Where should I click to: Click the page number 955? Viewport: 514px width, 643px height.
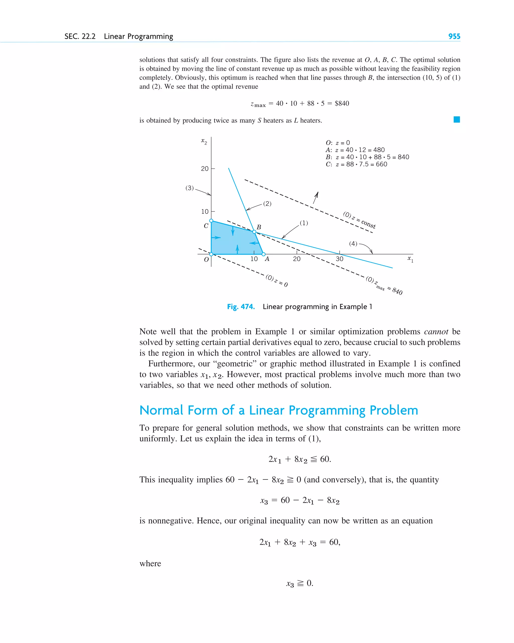pyautogui.click(x=454, y=36)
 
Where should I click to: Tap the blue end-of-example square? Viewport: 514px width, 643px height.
pyautogui.click(x=457, y=120)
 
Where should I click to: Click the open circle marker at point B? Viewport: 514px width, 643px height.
pyautogui.click(x=254, y=232)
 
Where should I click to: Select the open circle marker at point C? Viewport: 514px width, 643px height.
pyautogui.click(x=211, y=221)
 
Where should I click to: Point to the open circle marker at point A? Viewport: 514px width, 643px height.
pyautogui.click(x=264, y=254)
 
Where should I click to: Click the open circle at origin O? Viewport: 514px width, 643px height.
pyautogui.click(x=211, y=254)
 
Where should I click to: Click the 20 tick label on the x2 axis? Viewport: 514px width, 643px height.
pyautogui.click(x=205, y=169)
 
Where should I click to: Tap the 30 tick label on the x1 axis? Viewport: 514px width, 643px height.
pyautogui.click(x=339, y=259)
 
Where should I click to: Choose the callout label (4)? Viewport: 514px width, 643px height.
pyautogui.click(x=353, y=244)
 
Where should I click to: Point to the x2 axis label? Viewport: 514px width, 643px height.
pyautogui.click(x=204, y=141)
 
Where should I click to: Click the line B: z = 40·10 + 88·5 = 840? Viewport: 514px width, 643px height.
pyautogui.click(x=367, y=157)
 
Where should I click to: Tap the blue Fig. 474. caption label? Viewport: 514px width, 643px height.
pyautogui.click(x=241, y=307)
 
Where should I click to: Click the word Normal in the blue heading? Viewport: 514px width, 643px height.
pyautogui.click(x=161, y=410)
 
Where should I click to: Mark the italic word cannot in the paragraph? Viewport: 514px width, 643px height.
pyautogui.click(x=436, y=332)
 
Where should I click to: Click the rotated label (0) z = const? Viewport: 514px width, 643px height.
pyautogui.click(x=359, y=220)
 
